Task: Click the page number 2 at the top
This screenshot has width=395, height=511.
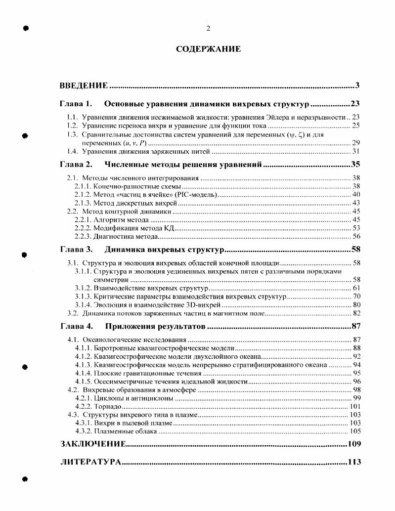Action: coord(208,28)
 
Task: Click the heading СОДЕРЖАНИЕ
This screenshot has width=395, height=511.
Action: coord(208,49)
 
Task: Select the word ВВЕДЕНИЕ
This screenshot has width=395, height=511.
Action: coord(84,86)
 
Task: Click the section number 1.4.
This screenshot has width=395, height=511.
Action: coord(72,151)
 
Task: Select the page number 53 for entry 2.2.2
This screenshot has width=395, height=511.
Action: coord(356,228)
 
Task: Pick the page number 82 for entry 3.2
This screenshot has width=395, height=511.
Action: coord(356,313)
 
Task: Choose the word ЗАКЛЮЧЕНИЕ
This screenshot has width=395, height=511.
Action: coord(92,444)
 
